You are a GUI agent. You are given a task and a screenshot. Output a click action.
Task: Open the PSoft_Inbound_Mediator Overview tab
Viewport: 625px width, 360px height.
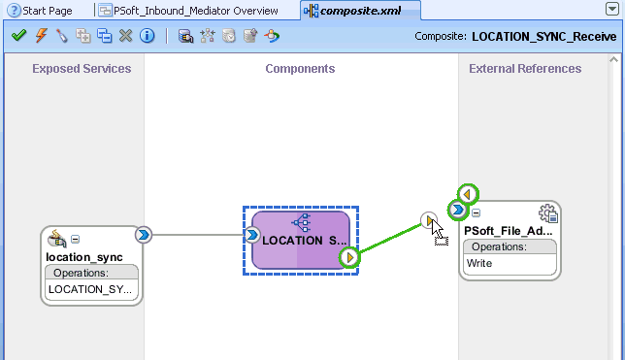[x=195, y=11]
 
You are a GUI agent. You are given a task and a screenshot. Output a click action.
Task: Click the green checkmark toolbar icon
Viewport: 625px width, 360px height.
[x=18, y=36]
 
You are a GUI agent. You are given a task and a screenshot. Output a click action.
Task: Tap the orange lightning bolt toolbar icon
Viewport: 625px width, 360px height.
[x=40, y=36]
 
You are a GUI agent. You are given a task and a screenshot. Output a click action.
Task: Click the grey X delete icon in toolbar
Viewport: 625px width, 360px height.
[x=125, y=36]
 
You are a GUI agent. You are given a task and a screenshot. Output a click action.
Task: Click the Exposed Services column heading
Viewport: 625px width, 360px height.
[x=82, y=69]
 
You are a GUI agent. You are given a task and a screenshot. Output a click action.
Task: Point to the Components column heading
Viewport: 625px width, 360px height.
[x=300, y=69]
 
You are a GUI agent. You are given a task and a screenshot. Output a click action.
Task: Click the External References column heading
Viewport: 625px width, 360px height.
[x=525, y=69]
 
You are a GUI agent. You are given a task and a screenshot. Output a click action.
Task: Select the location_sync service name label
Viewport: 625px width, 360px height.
[x=82, y=256]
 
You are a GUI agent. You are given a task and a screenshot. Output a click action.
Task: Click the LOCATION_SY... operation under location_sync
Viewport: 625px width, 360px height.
[x=92, y=288]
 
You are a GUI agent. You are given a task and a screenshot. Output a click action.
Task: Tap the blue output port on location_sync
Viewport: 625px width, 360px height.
[x=144, y=234]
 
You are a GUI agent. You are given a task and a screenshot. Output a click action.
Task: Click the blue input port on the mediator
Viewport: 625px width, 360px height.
[x=252, y=234]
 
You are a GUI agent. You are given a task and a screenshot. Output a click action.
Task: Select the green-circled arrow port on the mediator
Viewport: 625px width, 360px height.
[x=349, y=257]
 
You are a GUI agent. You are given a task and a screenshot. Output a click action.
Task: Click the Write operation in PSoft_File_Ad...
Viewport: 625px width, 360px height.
[x=479, y=263]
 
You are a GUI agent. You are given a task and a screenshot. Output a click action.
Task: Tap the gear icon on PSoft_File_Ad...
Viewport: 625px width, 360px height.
[x=548, y=214]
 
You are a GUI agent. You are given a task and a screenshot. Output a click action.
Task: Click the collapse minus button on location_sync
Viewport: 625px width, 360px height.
[x=76, y=240]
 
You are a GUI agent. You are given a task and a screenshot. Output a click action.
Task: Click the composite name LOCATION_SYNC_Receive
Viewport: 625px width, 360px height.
[x=546, y=37]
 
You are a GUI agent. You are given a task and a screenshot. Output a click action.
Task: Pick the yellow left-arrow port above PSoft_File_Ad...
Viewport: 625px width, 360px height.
[x=470, y=194]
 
